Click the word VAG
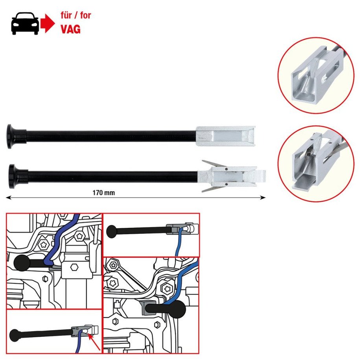click(70, 29)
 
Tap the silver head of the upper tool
click(225, 136)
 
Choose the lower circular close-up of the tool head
click(316, 164)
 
